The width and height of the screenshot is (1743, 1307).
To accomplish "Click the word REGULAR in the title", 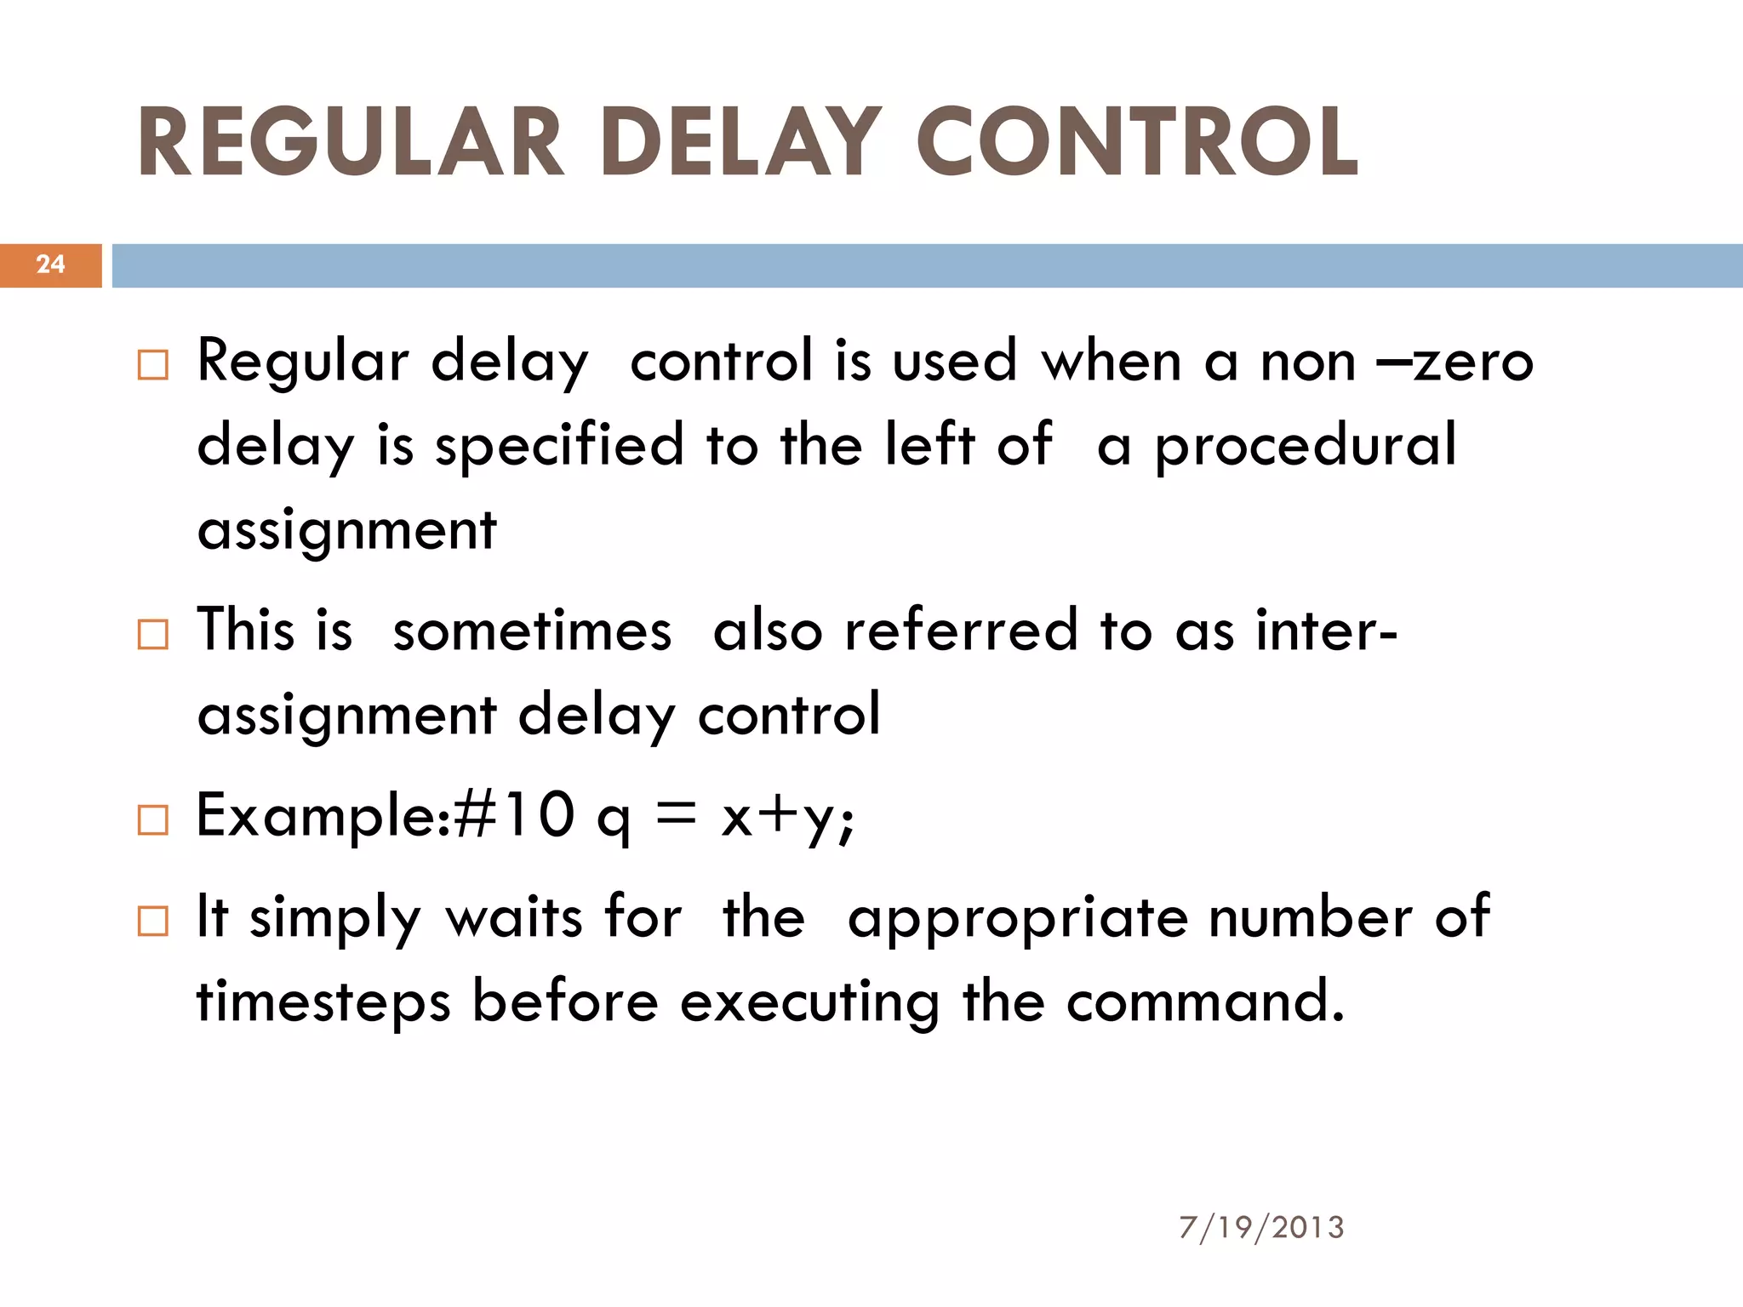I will coord(351,143).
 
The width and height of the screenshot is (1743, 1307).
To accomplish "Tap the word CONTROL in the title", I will coord(1137,143).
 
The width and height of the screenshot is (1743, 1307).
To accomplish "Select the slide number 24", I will coord(50,265).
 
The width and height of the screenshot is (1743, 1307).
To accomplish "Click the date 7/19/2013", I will coord(1261,1228).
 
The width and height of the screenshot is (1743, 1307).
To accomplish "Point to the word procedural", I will coord(1306,446).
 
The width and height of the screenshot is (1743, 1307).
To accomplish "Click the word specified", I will coord(559,446).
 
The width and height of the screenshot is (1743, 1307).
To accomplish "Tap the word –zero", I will coord(1456,362).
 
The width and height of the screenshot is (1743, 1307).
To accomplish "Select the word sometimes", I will coord(532,631).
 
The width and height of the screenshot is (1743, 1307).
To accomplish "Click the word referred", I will coord(961,631).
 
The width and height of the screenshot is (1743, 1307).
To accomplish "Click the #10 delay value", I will coord(514,815).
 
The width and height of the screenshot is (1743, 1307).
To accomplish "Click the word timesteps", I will coord(323,1002).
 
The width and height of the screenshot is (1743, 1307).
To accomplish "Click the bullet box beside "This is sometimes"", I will coord(153,635).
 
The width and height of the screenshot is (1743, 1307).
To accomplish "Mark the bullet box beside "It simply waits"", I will coord(153,922).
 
